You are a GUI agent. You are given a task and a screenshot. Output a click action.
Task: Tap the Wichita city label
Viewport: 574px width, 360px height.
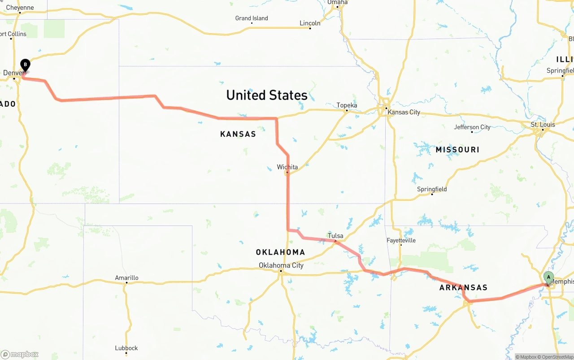[x=287, y=167]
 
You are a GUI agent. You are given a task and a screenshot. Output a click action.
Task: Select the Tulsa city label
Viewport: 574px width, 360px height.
[x=335, y=236]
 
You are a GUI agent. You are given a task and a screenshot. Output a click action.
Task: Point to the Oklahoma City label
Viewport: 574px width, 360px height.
[x=281, y=265]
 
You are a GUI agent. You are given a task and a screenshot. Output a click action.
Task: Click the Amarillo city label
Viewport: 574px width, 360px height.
[x=126, y=278]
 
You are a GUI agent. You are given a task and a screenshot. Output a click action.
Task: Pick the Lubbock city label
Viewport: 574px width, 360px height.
[x=126, y=348]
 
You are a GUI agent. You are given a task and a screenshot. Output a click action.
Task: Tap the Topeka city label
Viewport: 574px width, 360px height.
[x=347, y=105]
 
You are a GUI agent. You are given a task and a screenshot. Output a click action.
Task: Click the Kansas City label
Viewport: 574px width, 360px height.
[x=404, y=112]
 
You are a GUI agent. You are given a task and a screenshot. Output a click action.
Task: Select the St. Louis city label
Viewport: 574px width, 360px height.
[x=543, y=125]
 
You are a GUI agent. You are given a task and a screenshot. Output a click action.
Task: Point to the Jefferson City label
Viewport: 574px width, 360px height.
[x=472, y=127]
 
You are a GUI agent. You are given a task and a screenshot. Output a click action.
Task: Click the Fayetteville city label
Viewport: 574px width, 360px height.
[x=401, y=241]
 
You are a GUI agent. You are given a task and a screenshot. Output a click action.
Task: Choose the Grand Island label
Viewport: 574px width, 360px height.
[x=252, y=18]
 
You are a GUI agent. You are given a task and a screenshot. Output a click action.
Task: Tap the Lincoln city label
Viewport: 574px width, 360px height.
[x=310, y=23]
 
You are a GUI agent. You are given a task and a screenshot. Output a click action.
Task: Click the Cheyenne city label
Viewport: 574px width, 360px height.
[x=20, y=8]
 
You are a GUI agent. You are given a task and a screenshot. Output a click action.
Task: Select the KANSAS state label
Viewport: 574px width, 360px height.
[x=238, y=134]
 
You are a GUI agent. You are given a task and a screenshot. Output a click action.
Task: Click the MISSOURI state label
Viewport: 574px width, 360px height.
[x=457, y=150]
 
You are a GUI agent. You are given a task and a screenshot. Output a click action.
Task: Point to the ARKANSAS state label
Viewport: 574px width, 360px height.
[x=463, y=288]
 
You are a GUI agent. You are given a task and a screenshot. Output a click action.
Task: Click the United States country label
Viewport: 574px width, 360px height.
[x=267, y=95]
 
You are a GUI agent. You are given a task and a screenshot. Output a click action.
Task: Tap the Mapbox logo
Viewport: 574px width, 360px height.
[x=20, y=354]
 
